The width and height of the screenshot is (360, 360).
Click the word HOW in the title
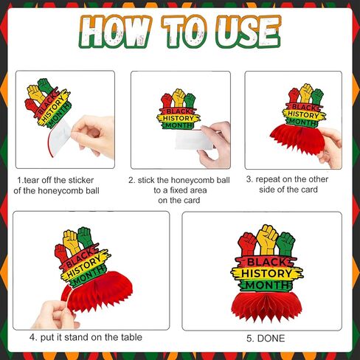[114, 32]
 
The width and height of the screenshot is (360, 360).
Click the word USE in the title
[249, 32]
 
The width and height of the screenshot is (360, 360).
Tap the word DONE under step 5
[271, 339]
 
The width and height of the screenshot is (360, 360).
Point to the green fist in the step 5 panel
[285, 244]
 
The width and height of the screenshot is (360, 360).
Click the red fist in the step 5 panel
[247, 244]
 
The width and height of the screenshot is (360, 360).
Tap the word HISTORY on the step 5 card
[266, 274]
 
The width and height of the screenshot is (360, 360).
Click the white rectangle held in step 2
[194, 140]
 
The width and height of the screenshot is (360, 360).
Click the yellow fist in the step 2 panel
[179, 97]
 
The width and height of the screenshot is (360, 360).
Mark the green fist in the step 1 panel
[46, 86]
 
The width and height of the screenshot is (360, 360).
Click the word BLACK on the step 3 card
[304, 107]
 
